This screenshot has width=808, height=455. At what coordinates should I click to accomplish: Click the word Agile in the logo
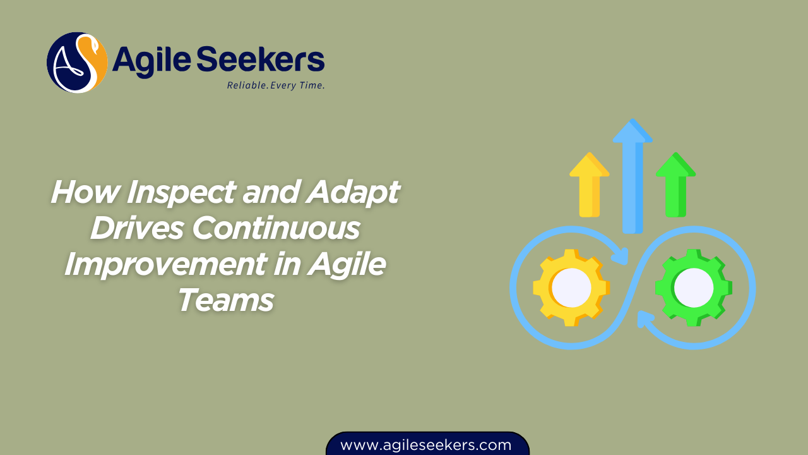click(151, 60)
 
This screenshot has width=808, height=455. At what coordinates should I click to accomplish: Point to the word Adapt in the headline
click(352, 192)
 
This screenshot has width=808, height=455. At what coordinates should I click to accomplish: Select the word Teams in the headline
click(225, 300)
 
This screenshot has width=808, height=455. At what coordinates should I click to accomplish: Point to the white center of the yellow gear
click(571, 288)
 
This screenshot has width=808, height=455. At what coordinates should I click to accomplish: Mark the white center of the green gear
click(694, 288)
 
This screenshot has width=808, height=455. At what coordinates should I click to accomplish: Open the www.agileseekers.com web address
click(426, 445)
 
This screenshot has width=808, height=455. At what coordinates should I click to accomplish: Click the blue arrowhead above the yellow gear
click(621, 255)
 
